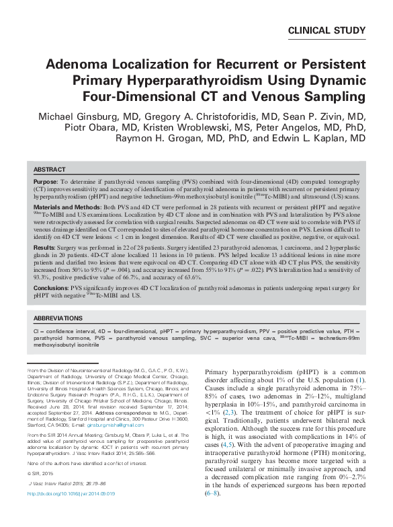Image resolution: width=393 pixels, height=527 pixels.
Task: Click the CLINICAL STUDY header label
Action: [x=326, y=30]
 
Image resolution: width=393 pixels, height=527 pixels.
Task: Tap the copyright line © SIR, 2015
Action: [x=40, y=492]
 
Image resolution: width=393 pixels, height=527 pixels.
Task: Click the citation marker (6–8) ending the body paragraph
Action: [x=214, y=513]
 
